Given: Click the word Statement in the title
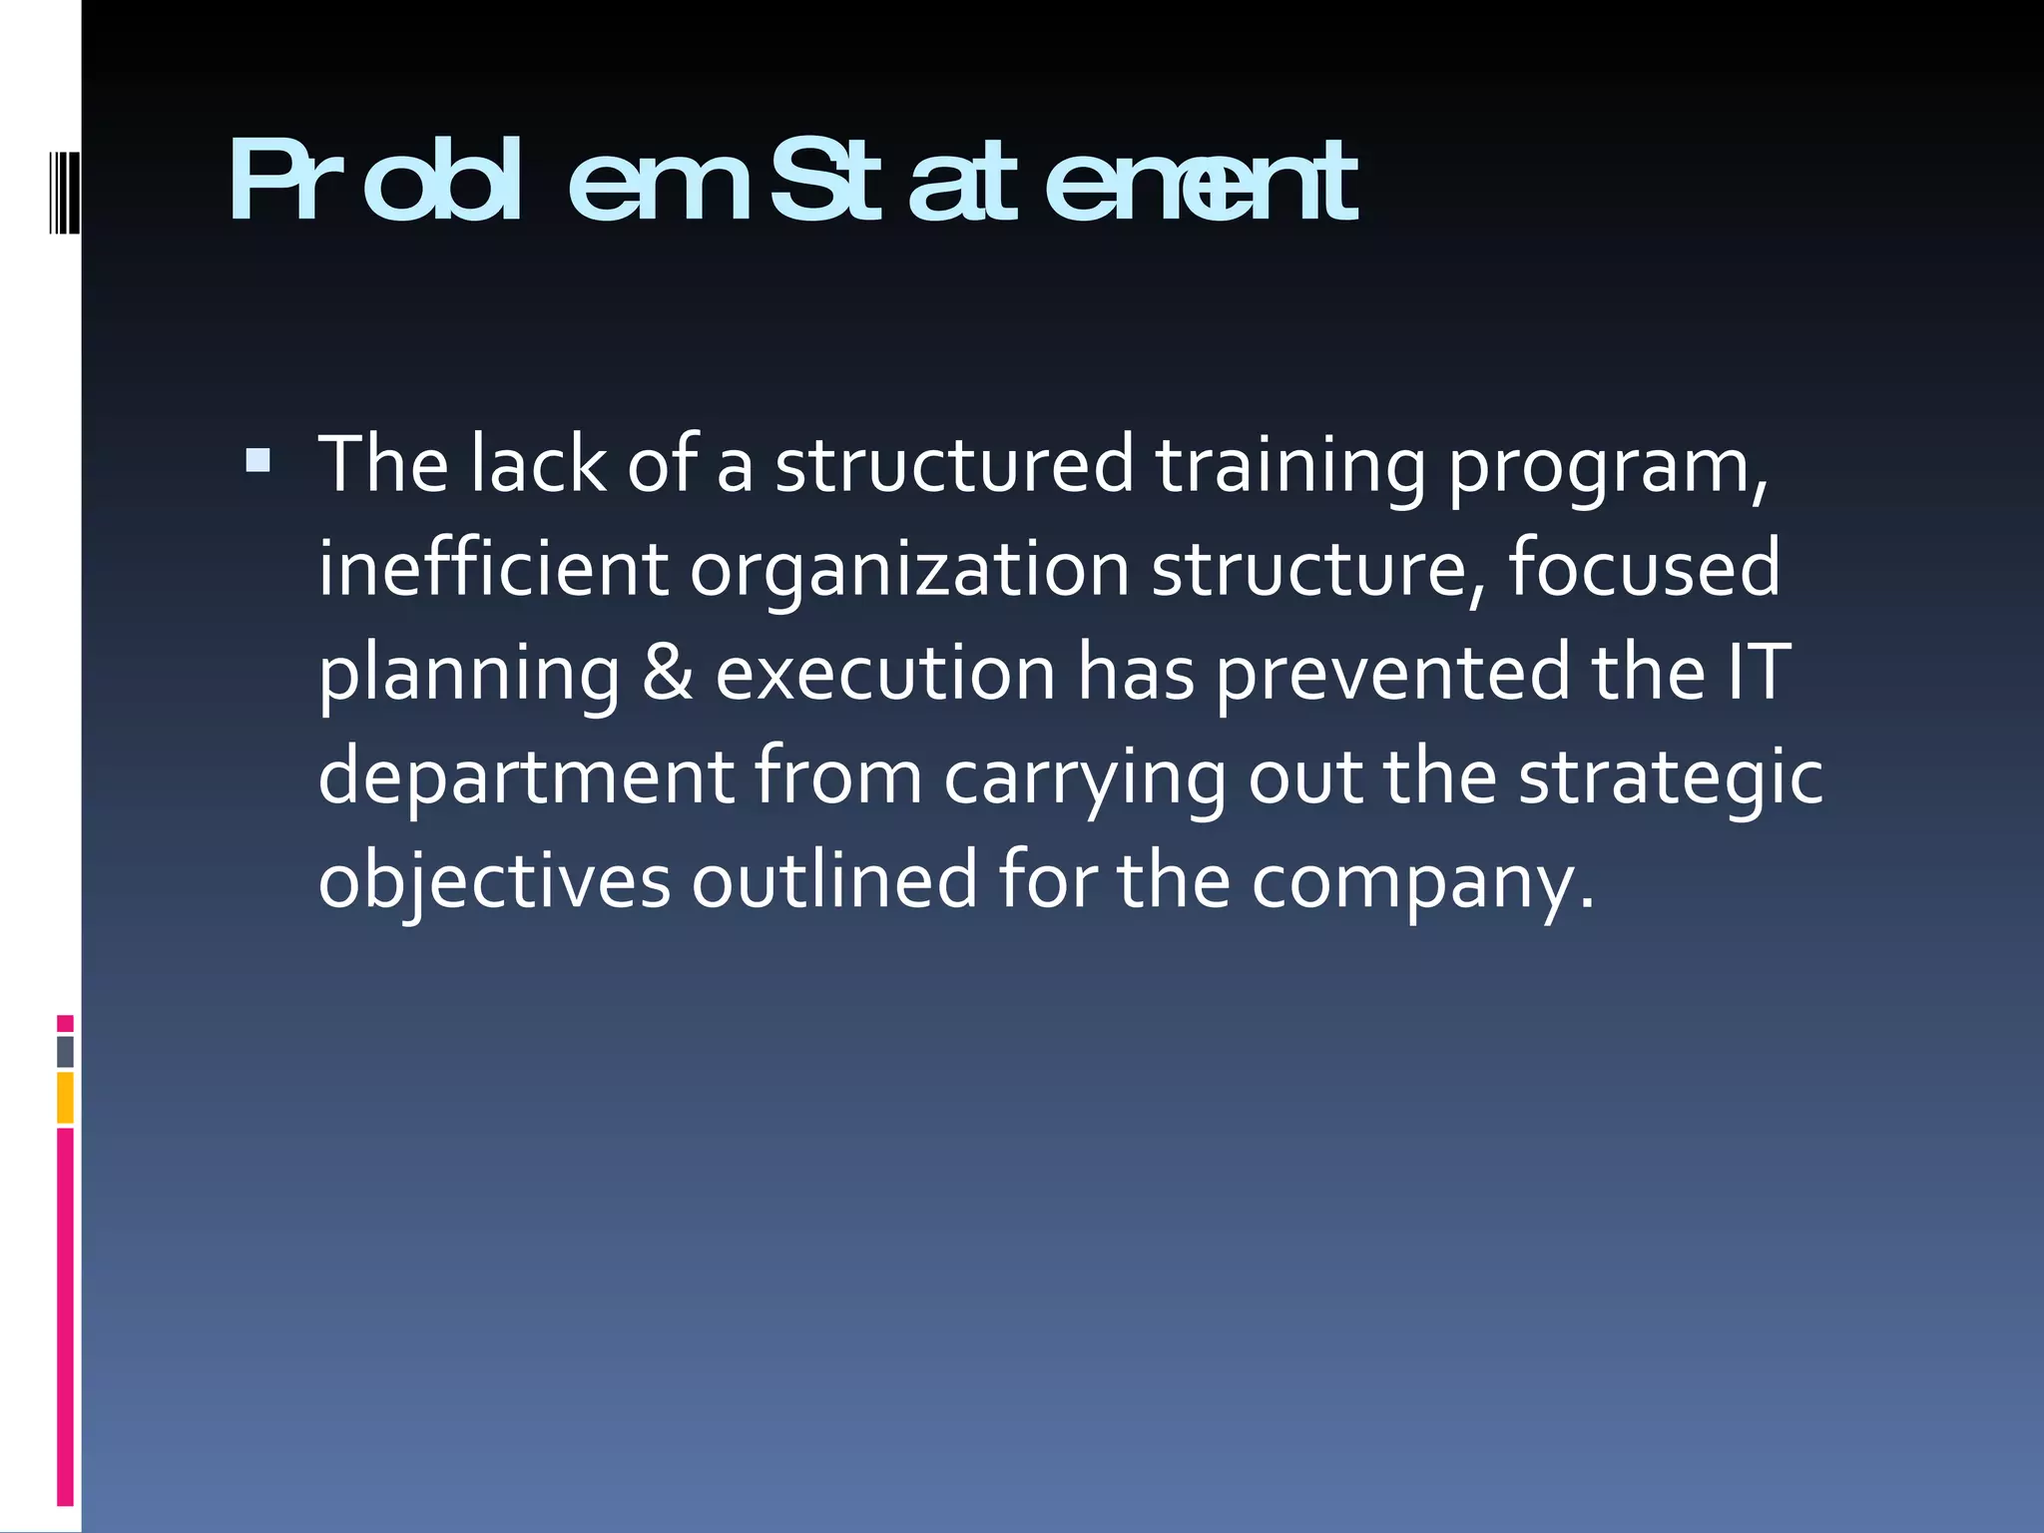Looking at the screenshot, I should point(1063,183).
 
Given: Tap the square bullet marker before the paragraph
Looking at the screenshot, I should point(257,459).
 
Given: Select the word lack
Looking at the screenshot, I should point(538,465).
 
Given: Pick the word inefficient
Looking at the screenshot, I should point(492,569).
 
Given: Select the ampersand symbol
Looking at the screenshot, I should point(667,673).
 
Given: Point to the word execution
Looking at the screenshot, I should point(885,673).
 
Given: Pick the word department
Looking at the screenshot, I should point(525,778).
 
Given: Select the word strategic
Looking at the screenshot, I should point(1670,778).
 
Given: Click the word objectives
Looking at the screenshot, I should point(494,882).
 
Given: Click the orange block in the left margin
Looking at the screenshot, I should point(65,1097).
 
